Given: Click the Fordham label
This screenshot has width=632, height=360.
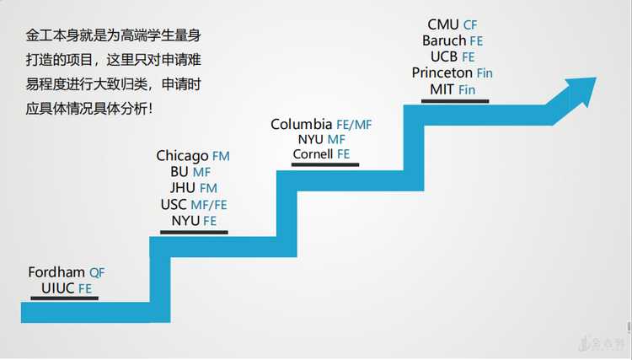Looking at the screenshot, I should tap(56, 272).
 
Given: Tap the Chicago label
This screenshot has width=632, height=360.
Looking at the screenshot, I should tap(182, 156).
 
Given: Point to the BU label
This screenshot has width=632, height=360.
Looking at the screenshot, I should tap(179, 172).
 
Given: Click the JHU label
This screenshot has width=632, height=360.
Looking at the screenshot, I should tap(183, 188).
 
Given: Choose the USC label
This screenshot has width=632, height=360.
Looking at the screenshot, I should tap(174, 204).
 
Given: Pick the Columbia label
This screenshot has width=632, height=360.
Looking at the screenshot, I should tap(301, 124).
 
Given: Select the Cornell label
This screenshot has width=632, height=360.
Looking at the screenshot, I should tap(313, 154).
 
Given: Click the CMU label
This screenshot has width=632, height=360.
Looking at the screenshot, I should tap(443, 24).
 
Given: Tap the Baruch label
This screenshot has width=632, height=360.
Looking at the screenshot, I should tap(444, 40).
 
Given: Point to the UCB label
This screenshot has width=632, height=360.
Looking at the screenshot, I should tap(444, 56).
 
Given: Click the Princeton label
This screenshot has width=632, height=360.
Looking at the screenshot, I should tap(442, 73).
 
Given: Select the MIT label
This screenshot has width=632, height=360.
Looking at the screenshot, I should tap(442, 89).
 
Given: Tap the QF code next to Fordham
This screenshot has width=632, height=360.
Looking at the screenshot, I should tap(98, 273).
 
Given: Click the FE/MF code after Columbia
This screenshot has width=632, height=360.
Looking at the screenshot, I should tap(354, 125).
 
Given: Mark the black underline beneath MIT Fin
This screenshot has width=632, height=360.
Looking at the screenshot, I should tap(454, 100).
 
